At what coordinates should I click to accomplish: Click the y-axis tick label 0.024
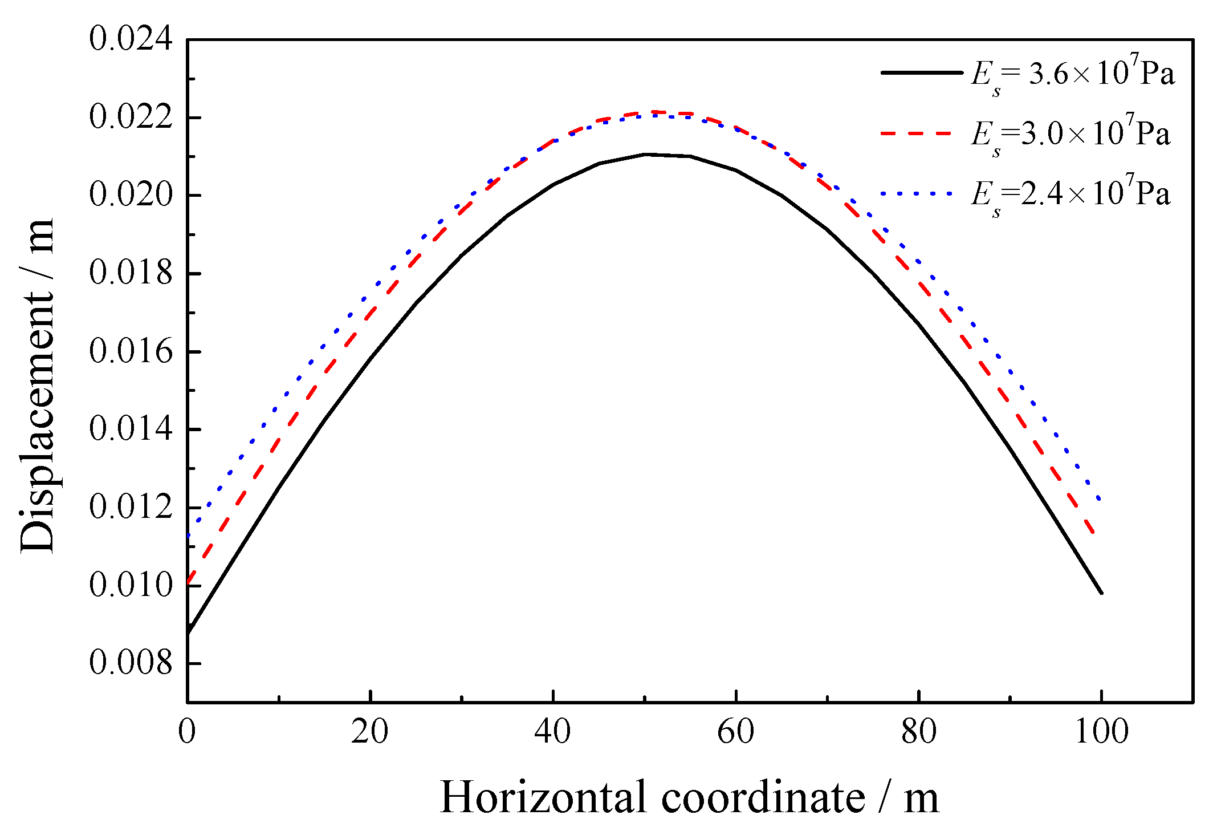pos(131,40)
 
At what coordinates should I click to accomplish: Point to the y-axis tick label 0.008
pos(131,663)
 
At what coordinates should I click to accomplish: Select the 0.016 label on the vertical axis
pos(131,352)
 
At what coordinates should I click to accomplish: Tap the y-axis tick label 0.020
pos(131,196)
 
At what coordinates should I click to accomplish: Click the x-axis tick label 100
pos(1101,732)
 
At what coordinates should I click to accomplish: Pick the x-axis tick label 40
pos(552,732)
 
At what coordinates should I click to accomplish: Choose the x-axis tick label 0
pos(187,732)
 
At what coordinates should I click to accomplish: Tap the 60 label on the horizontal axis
pos(735,732)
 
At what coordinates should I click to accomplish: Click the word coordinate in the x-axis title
pos(763,797)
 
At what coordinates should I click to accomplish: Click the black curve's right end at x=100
pos(1101,593)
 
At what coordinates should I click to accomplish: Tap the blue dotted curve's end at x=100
pos(1100,500)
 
